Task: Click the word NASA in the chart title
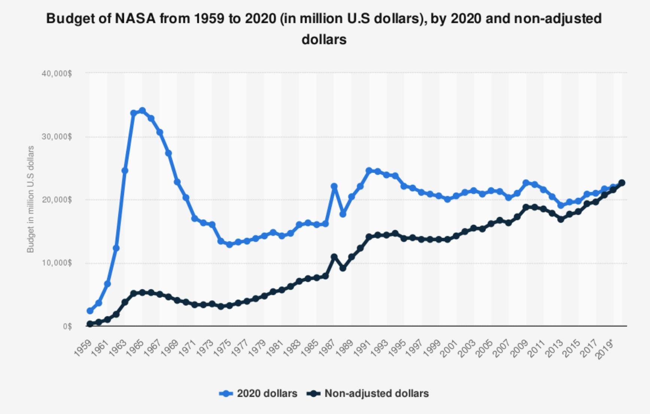[x=135, y=18]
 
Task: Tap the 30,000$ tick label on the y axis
[x=57, y=137]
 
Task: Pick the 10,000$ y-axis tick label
[x=57, y=263]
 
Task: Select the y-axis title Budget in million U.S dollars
[x=31, y=199]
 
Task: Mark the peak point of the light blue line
[x=142, y=110]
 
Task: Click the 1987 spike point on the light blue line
[x=334, y=186]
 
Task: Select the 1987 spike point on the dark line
[x=334, y=257]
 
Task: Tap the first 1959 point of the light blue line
[x=90, y=311]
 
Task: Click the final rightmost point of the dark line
[x=622, y=183]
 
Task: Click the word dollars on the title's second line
[x=324, y=39]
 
